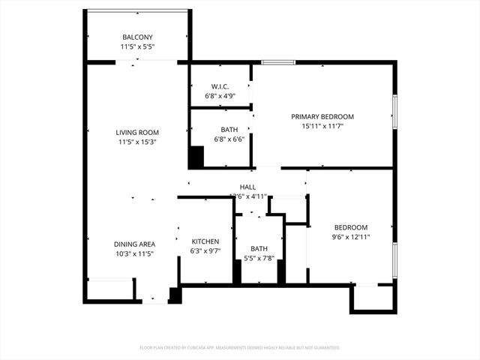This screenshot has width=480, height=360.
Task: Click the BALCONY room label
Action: click(137, 37)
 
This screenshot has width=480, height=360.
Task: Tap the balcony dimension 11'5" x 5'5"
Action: click(137, 47)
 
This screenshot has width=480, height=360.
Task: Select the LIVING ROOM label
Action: click(136, 133)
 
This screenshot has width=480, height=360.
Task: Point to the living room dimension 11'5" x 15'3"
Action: click(136, 142)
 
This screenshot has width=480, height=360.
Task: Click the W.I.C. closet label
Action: click(220, 86)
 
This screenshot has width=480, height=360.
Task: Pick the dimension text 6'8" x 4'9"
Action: click(220, 96)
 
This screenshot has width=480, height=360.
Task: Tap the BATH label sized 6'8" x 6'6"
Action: click(229, 129)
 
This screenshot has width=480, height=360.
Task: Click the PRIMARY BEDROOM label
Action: click(322, 117)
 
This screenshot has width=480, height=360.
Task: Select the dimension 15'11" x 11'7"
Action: click(322, 127)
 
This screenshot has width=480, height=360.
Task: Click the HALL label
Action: click(247, 187)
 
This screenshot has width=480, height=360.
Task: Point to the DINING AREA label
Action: click(135, 244)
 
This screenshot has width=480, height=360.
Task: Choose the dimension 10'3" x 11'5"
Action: click(135, 254)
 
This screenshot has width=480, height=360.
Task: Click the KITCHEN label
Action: click(205, 241)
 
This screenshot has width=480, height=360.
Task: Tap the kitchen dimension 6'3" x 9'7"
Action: click(205, 251)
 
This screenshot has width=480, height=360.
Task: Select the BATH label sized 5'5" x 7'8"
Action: click(259, 248)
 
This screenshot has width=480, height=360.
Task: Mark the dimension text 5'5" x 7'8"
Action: click(259, 259)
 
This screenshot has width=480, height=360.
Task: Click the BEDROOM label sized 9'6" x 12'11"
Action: click(350, 228)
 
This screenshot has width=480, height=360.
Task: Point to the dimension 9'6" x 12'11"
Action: click(350, 238)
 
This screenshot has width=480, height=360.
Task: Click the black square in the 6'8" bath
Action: click(196, 157)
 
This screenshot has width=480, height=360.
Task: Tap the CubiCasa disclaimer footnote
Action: click(240, 348)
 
